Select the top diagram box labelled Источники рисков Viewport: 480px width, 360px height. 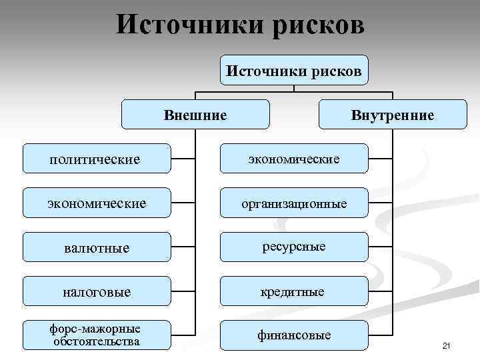[294, 70]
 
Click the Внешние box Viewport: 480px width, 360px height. [195, 115]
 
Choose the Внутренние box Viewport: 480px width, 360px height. [393, 115]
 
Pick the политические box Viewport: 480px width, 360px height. [96, 159]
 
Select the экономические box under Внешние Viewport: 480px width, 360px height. [96, 203]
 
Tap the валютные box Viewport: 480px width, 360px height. [96, 247]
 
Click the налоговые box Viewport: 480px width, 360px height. [96, 291]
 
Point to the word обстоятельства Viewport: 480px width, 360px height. [97, 342]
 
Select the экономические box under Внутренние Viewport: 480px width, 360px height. [294, 159]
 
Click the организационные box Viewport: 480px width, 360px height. [294, 203]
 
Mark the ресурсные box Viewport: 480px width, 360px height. [294, 247]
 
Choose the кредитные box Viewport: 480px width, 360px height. [294, 291]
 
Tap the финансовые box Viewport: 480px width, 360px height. [294, 335]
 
